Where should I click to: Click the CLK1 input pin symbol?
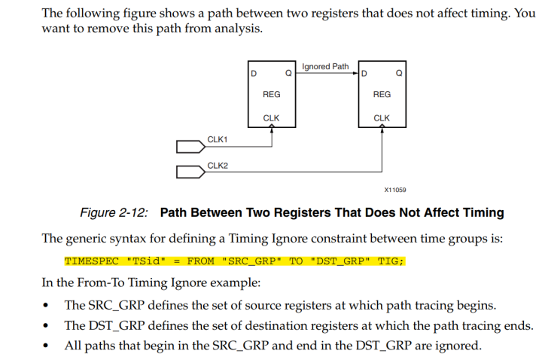(190, 147)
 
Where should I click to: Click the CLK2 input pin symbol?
(190, 172)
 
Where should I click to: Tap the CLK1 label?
(218, 139)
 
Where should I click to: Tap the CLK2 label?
(218, 166)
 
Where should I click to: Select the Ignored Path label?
(325, 66)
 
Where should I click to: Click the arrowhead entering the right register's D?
(355, 73)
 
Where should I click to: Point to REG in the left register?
(271, 94)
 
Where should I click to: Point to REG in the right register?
(382, 94)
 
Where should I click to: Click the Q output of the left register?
(288, 73)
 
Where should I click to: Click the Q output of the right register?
(399, 73)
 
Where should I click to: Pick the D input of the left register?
(254, 74)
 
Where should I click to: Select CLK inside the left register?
(271, 118)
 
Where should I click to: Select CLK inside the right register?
(382, 118)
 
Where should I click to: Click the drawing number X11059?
(395, 190)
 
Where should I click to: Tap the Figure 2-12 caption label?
(114, 212)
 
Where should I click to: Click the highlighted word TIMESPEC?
(92, 261)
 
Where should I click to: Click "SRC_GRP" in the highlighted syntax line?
(251, 261)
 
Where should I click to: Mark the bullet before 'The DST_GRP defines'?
(46, 326)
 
